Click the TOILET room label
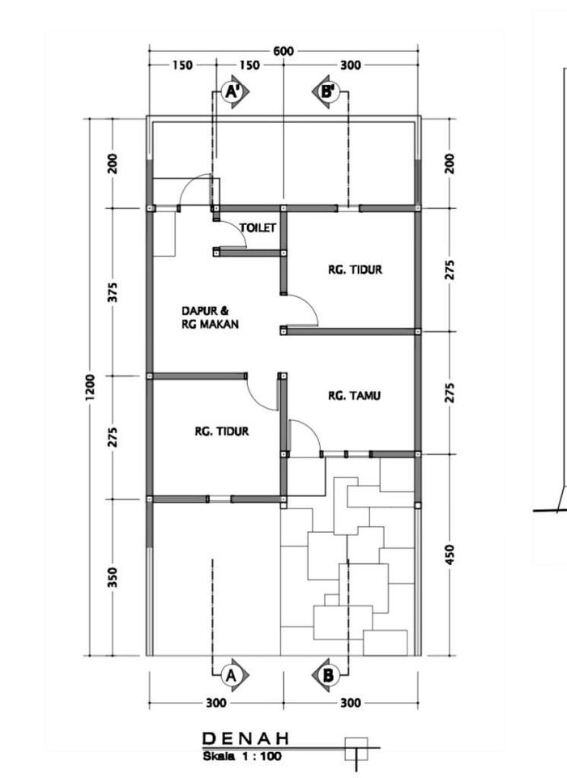[258, 227]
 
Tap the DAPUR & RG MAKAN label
[210, 317]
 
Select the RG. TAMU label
[355, 396]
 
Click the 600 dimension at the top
[283, 51]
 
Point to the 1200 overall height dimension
[90, 387]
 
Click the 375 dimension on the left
[113, 292]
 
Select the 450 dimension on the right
[450, 555]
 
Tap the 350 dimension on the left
[113, 577]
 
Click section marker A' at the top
[234, 91]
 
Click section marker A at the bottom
[234, 675]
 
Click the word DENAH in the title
[245, 739]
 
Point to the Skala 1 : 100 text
[242, 757]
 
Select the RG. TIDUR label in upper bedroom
[355, 270]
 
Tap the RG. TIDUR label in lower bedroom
[221, 432]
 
